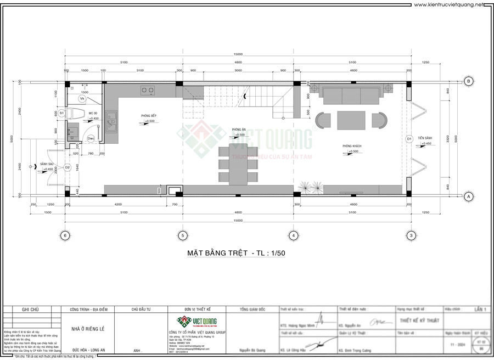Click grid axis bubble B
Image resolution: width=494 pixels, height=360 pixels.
469,81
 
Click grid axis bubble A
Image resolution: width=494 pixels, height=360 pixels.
469,195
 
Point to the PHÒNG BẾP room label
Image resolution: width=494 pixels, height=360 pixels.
148,116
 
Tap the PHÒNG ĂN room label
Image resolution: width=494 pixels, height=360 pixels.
239,130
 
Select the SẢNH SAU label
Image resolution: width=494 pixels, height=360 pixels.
47,164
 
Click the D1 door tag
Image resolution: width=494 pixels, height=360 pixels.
409,139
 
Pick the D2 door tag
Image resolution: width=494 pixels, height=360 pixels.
68,167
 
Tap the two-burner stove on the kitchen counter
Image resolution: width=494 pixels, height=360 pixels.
148,89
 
